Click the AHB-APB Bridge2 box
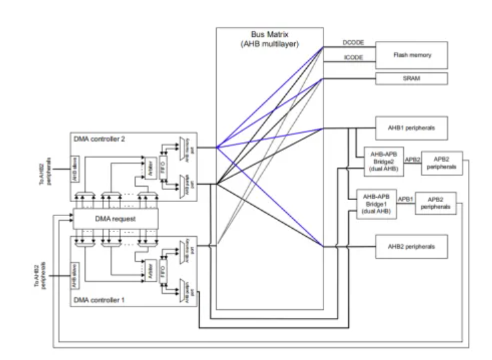point(379,161)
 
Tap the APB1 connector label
point(405,199)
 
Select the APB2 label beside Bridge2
point(412,160)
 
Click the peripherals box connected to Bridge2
point(441,161)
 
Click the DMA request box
point(116,219)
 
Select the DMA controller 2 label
point(100,139)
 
